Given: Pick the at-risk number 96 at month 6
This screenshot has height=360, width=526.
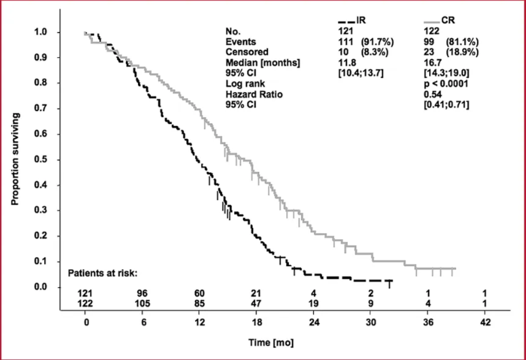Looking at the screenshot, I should click(143, 293).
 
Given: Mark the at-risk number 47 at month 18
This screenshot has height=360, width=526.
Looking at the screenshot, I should click(257, 302).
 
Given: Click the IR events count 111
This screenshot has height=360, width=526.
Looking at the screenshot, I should click(345, 41).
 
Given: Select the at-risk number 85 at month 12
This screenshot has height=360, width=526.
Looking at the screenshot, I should click(200, 302).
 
